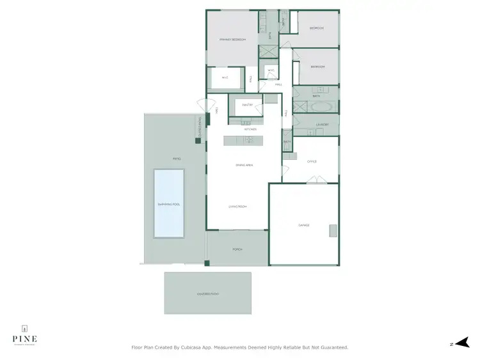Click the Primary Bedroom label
point(233,40)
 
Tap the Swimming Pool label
point(169,204)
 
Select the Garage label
point(304,225)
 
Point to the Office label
point(312,162)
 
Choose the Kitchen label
point(250,129)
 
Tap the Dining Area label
point(244,166)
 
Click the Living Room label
point(238,207)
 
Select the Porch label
point(237,250)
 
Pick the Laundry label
point(322,125)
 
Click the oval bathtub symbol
point(320,106)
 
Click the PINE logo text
point(24,338)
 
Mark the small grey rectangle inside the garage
point(332,230)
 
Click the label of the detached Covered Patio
point(208,293)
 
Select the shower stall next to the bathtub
point(299,107)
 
